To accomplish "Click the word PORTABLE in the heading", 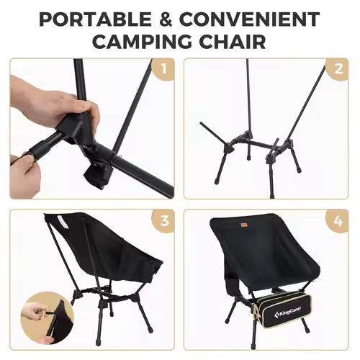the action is [95, 19].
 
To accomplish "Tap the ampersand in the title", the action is [166, 19].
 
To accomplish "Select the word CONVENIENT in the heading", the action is [250, 19].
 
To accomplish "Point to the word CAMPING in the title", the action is [142, 41].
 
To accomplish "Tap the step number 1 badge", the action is [163, 69].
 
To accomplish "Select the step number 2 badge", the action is [338, 69].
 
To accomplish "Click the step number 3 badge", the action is [163, 221].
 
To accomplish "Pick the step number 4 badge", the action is [338, 221].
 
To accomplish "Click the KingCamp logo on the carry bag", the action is [287, 312].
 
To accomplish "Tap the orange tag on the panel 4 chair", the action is [243, 225].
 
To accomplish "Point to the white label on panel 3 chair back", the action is [63, 222].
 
